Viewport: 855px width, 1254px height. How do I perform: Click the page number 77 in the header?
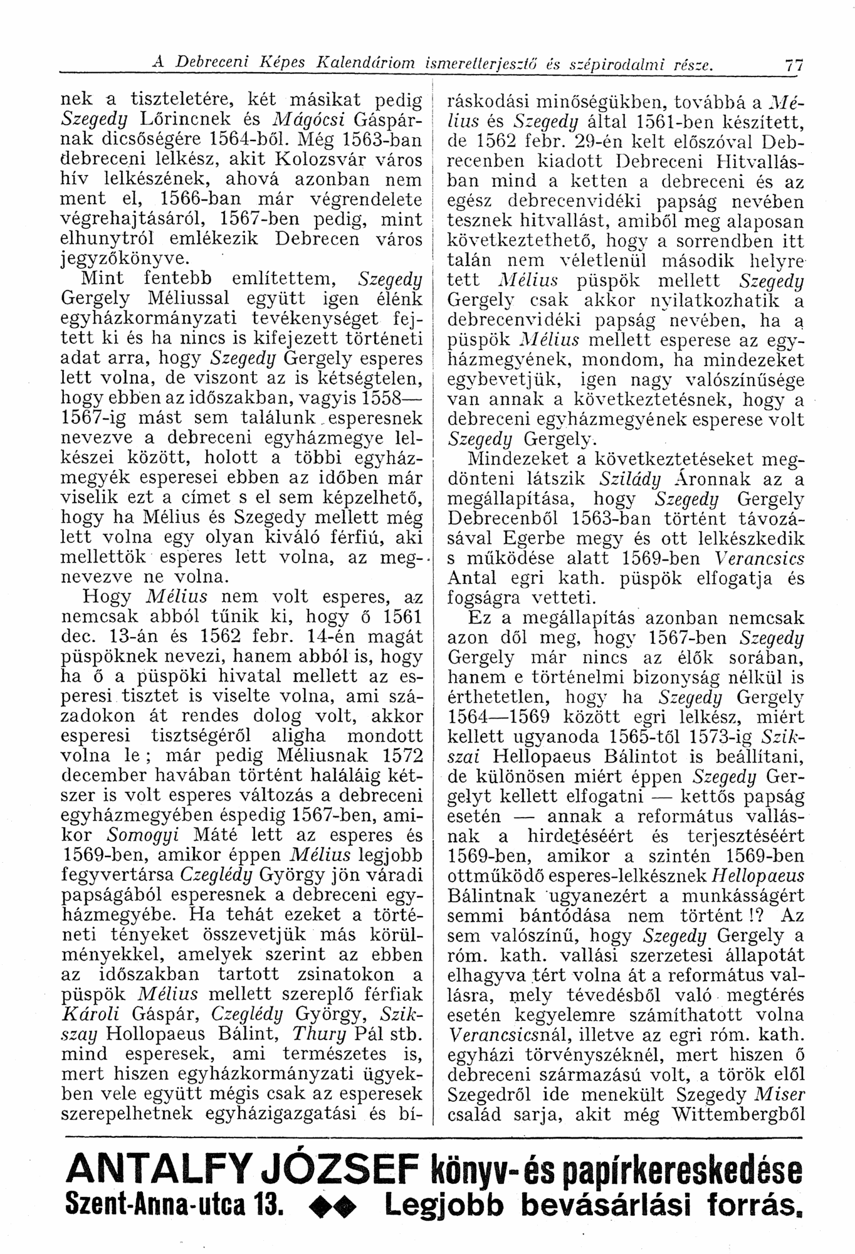tap(794, 65)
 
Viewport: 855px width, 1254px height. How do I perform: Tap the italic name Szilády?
tap(632, 481)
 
